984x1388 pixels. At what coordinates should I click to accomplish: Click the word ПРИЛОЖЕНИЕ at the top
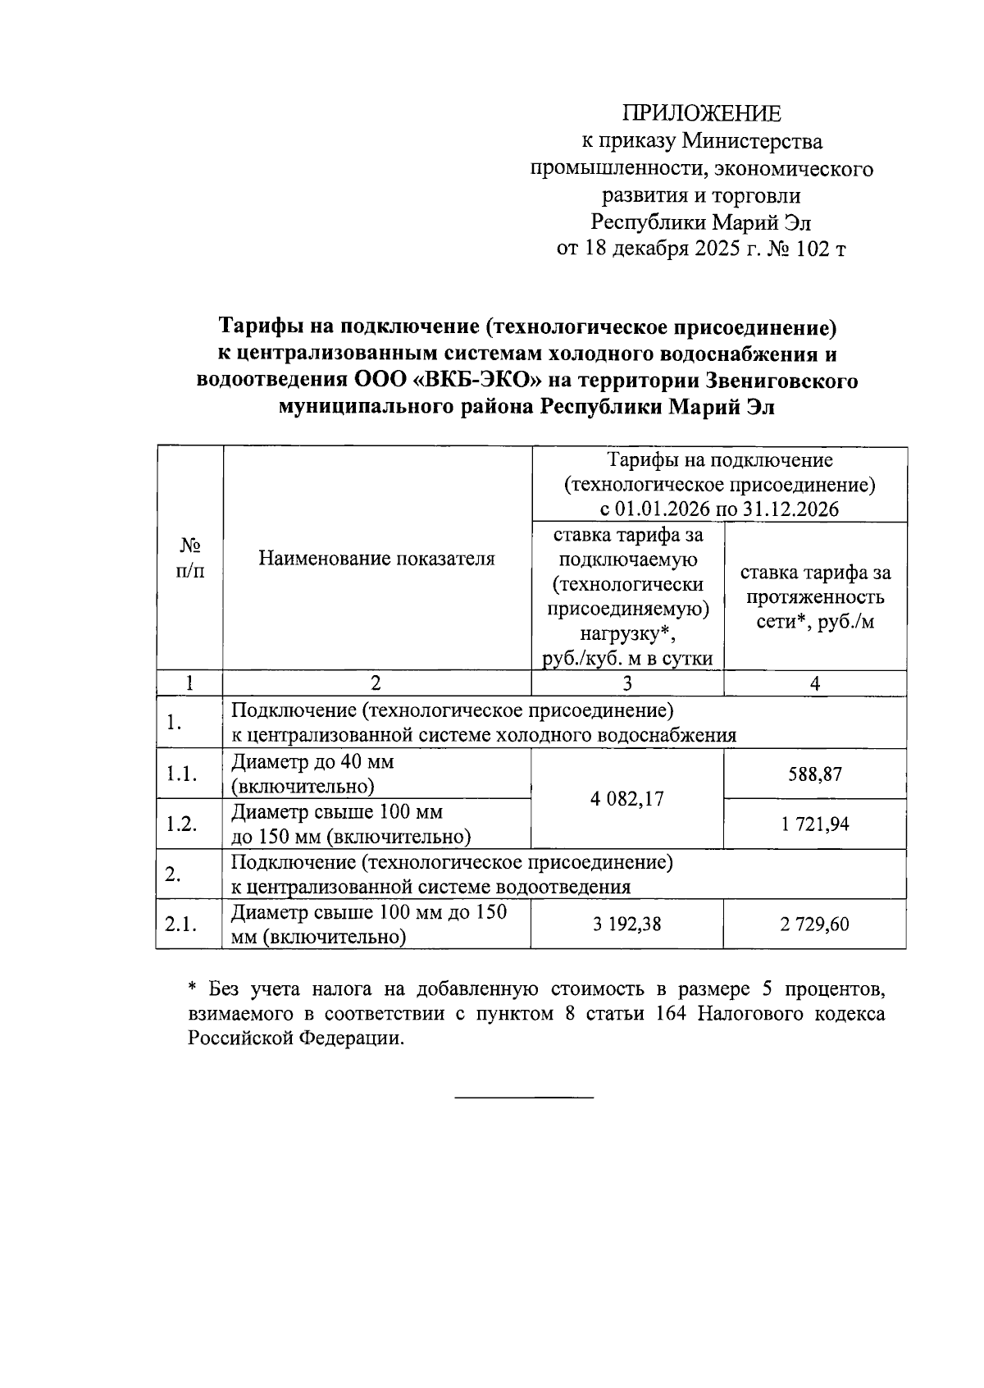point(701,113)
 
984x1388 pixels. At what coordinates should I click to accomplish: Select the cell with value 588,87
point(815,774)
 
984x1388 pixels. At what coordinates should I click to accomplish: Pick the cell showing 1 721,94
point(815,824)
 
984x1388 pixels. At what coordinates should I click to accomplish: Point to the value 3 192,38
point(627,925)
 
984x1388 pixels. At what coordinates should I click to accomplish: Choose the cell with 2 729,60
point(815,925)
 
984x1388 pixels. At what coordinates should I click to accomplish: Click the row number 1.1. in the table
point(180,774)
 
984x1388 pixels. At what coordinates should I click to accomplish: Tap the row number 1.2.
point(180,824)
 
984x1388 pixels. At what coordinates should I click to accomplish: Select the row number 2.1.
point(180,925)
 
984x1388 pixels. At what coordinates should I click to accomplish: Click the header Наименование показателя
point(377,559)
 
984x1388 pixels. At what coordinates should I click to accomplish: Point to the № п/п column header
point(189,558)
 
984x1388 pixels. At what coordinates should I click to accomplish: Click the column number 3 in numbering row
point(627,683)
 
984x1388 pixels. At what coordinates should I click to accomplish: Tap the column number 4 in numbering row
point(815,683)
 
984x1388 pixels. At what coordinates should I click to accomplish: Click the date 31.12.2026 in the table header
point(790,509)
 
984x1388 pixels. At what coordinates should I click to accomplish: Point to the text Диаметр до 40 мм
point(312,762)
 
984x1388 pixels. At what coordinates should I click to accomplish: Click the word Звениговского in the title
point(782,381)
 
